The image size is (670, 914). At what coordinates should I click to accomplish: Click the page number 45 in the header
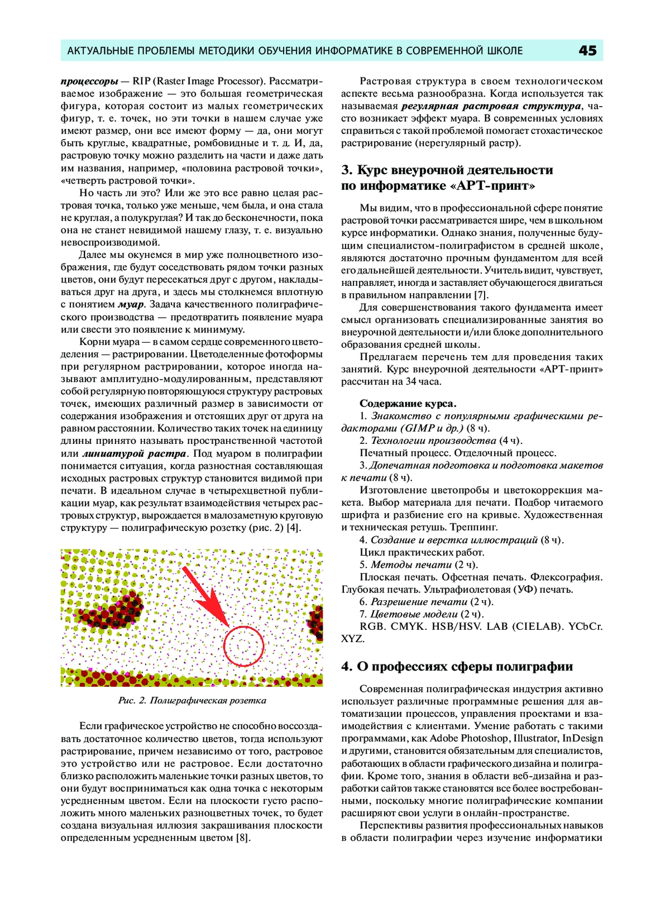[587, 51]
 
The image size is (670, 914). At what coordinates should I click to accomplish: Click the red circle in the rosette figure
[243, 646]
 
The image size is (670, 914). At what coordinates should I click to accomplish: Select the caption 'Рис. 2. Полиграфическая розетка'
[192, 701]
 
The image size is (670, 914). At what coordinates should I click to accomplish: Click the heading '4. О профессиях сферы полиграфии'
[457, 667]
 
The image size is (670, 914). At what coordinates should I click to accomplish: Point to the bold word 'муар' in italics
[131, 305]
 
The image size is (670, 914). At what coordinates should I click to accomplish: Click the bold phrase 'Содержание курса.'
[408, 404]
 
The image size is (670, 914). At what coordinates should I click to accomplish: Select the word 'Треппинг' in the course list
[474, 528]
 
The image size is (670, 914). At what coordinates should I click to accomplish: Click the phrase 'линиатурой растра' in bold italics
[135, 453]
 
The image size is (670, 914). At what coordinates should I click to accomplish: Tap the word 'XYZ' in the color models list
[353, 639]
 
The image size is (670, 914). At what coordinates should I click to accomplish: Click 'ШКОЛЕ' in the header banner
[501, 51]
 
